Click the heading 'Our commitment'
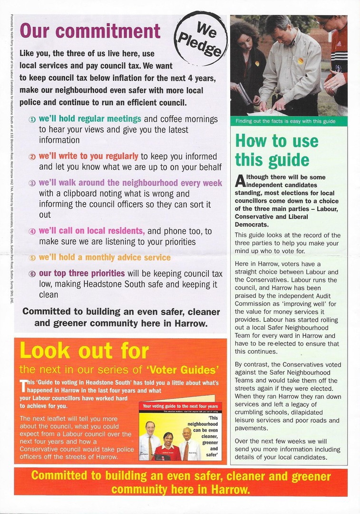point(90,31)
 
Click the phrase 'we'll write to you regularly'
point(88,157)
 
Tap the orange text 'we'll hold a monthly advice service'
point(105,257)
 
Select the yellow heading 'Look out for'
point(84,351)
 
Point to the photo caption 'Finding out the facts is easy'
point(285,121)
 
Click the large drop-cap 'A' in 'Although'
point(240,180)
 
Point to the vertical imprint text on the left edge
point(10,162)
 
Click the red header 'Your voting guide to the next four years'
point(180,406)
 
